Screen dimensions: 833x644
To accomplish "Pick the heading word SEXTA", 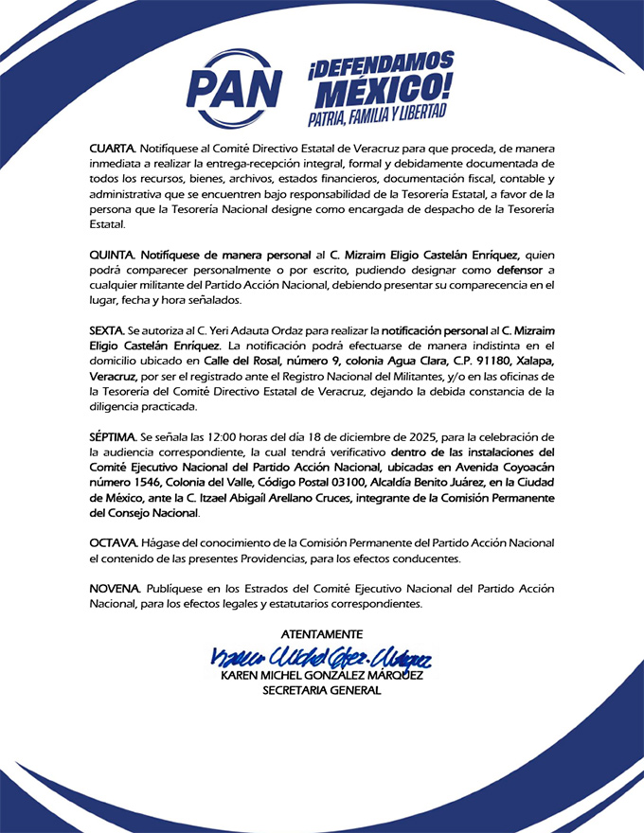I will [x=107, y=331].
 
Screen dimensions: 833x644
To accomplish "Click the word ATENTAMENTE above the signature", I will [x=322, y=633].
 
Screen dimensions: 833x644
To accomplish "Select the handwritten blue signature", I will [x=322, y=656].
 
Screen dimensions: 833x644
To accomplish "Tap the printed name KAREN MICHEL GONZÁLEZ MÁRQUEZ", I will [x=322, y=676].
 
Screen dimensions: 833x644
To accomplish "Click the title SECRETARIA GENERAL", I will [x=322, y=691].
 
